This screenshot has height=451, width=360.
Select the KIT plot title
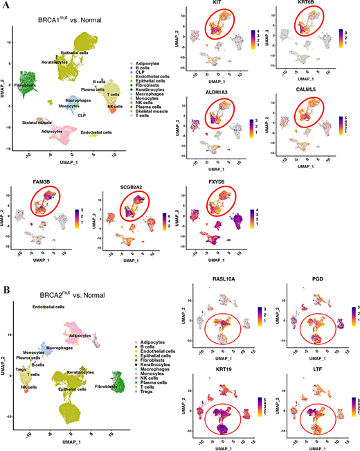pos(213,5)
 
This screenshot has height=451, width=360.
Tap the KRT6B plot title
pos(302,5)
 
